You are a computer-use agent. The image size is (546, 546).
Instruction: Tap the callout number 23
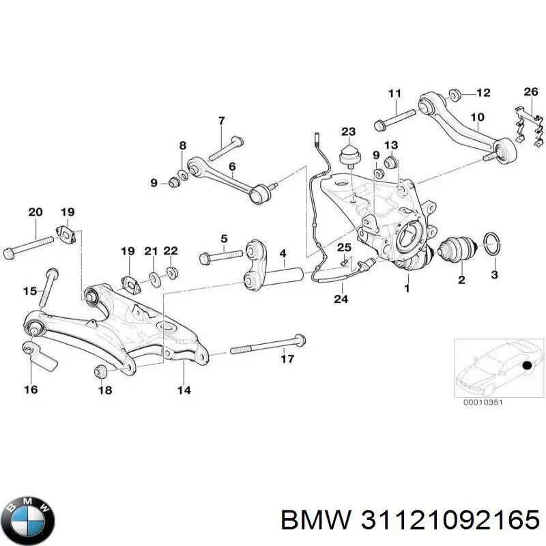(x=349, y=131)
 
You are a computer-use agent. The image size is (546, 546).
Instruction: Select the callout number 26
(x=530, y=92)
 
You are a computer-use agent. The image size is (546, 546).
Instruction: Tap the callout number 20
(x=35, y=212)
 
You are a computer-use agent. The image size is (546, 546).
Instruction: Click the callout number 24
(x=339, y=298)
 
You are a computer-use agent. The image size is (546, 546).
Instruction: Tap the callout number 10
(x=477, y=117)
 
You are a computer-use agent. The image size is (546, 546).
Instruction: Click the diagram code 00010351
(x=483, y=402)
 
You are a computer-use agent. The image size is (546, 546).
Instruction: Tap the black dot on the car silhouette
(x=528, y=367)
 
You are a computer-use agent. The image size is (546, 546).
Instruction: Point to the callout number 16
(x=31, y=390)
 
